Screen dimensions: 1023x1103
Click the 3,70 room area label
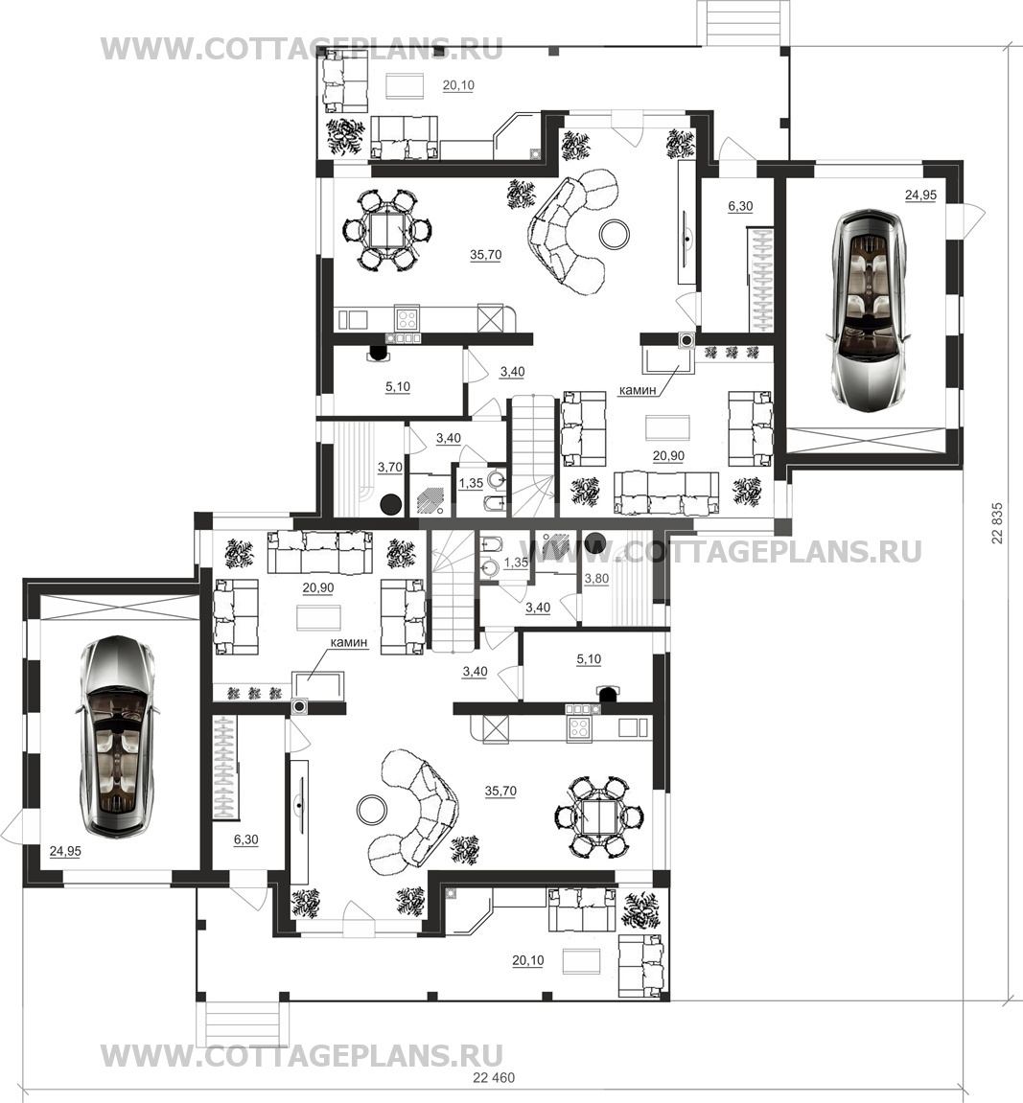click(x=390, y=467)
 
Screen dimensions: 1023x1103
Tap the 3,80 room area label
click(x=596, y=578)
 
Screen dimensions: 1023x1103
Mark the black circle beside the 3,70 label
click(x=391, y=504)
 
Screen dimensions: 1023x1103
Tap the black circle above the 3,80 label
click(x=595, y=542)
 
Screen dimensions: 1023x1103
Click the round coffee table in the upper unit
click(x=616, y=234)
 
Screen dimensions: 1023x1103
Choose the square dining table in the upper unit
click(x=387, y=229)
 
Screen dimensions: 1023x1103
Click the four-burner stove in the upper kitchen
click(x=407, y=319)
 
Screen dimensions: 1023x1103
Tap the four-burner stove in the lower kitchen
click(x=580, y=728)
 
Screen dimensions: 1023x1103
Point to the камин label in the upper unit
click(x=638, y=390)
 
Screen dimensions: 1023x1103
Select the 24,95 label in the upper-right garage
click(x=920, y=195)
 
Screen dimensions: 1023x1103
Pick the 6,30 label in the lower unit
click(x=245, y=839)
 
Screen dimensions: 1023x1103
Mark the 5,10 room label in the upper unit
click(x=398, y=386)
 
